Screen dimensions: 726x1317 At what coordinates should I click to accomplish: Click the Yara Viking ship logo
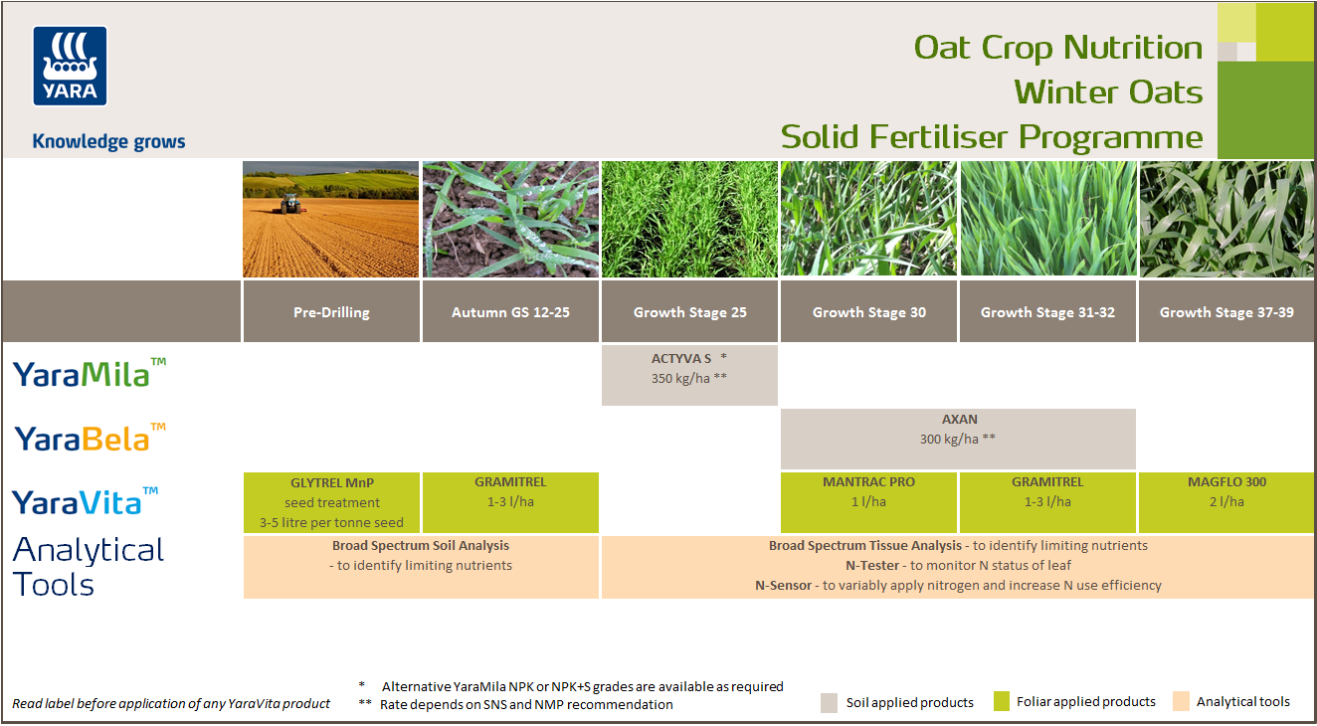(x=70, y=66)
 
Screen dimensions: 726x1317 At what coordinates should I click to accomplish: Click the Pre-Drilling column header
(x=331, y=312)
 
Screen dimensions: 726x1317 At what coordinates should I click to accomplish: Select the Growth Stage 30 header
(x=868, y=312)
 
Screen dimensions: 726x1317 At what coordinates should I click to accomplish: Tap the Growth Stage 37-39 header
(x=1226, y=312)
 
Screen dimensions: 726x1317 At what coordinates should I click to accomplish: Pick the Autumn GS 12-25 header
(x=510, y=312)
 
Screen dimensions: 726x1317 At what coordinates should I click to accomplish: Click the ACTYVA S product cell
(x=689, y=375)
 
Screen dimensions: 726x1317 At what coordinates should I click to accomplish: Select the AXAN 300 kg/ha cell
(x=958, y=438)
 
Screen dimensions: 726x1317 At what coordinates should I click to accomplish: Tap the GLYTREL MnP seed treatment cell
(x=331, y=502)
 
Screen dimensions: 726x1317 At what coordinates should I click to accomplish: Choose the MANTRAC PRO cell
(x=868, y=502)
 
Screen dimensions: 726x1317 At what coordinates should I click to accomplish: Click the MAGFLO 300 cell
(x=1226, y=502)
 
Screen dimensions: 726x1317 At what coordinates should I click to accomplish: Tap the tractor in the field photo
(x=289, y=204)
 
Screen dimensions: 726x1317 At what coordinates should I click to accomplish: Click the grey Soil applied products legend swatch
(x=830, y=702)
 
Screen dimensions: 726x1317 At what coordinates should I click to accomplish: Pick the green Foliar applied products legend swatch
(x=1002, y=702)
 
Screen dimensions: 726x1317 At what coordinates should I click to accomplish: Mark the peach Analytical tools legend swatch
(x=1182, y=702)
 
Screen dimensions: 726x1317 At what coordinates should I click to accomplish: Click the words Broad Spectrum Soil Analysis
(x=421, y=546)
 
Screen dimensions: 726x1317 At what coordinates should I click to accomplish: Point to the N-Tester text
(x=872, y=565)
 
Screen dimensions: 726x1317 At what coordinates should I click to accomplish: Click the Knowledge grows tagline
(x=108, y=141)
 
